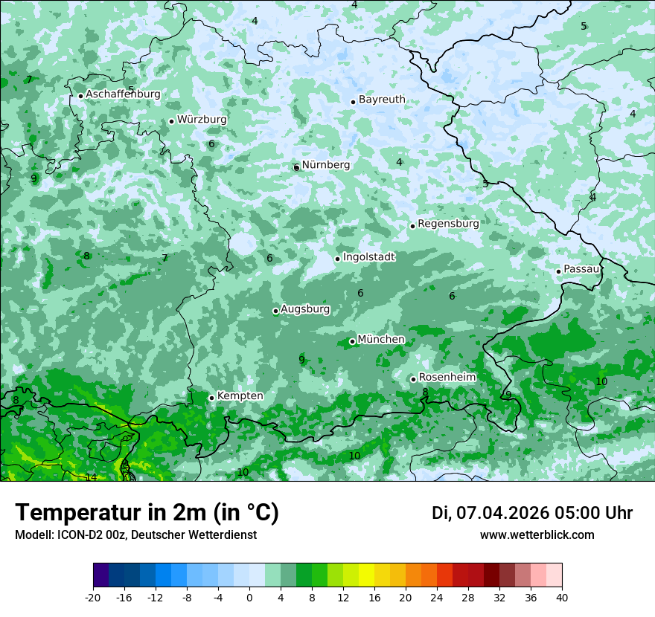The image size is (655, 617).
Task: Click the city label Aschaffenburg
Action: (x=123, y=94)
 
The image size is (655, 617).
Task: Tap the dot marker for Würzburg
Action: (x=171, y=121)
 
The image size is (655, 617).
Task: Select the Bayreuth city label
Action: (x=382, y=100)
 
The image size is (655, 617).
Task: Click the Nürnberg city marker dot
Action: (x=296, y=167)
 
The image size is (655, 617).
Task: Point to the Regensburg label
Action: (x=448, y=223)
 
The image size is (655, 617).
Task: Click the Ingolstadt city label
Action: (x=368, y=256)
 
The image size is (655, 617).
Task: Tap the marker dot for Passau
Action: (x=558, y=271)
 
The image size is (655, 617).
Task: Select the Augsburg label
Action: (x=305, y=308)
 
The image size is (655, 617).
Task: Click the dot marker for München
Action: (x=352, y=342)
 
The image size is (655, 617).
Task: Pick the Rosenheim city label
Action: (x=447, y=378)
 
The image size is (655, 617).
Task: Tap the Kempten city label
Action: (x=240, y=395)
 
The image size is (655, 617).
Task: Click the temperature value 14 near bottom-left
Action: (x=91, y=477)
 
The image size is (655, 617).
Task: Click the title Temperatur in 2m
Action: (x=147, y=512)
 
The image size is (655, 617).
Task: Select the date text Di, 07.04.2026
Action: (x=490, y=513)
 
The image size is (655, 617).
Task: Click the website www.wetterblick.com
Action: (x=537, y=534)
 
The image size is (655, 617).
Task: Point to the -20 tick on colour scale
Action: (x=93, y=597)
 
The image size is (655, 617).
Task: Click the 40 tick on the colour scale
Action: (x=562, y=597)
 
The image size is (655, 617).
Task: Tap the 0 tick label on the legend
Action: (x=249, y=597)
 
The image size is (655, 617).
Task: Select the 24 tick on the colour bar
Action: (x=437, y=597)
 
